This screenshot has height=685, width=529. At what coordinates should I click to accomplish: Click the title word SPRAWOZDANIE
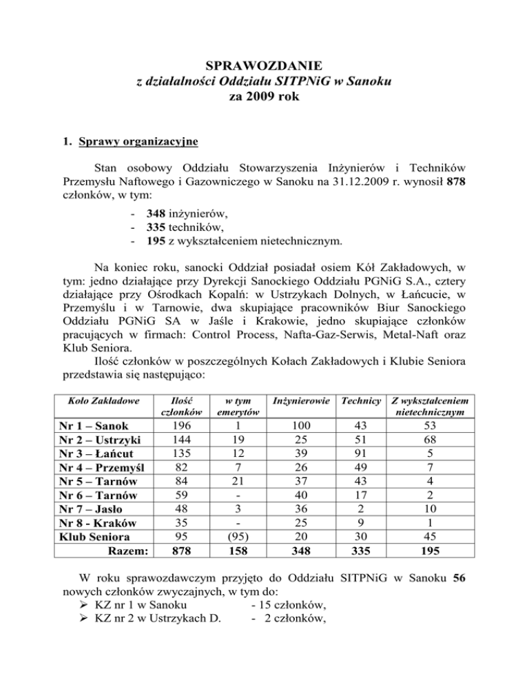tap(264, 66)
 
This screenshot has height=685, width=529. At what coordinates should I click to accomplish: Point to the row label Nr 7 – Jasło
tap(94, 508)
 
